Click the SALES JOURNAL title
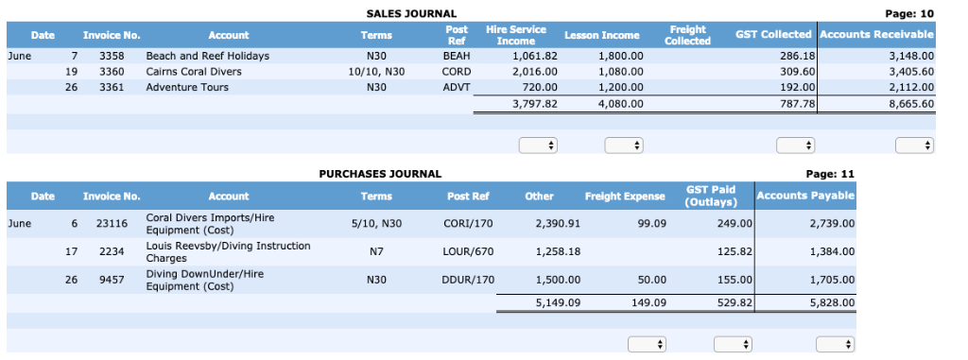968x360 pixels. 410,13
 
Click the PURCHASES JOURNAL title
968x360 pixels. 379,174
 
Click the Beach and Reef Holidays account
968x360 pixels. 207,56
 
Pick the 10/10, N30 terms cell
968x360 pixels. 376,72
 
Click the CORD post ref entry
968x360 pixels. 456,72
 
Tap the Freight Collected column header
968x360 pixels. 687,35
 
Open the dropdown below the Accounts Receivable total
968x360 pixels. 914,146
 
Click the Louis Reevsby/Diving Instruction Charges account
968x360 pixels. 228,251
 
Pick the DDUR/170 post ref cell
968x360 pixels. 468,280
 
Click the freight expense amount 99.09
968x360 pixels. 651,224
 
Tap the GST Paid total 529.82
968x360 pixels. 734,303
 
